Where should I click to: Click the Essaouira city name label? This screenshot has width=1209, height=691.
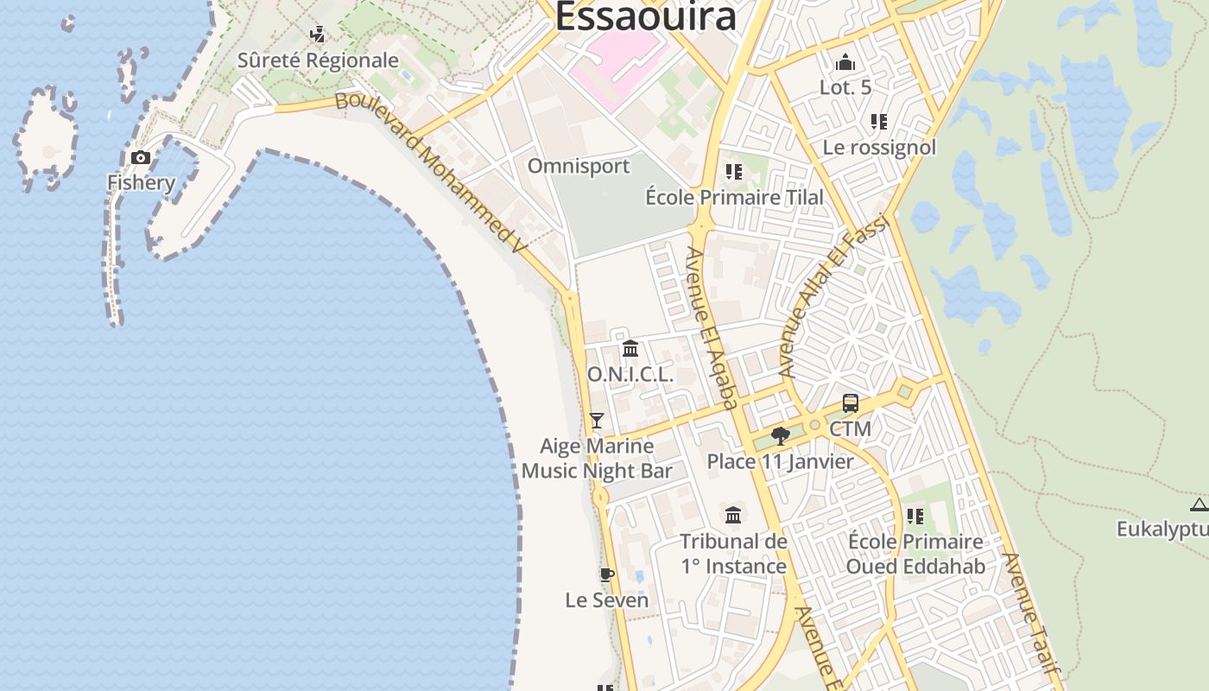[x=646, y=16]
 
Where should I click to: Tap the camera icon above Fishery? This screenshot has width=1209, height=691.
[x=140, y=158]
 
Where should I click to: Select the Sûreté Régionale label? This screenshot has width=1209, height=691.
[x=318, y=60]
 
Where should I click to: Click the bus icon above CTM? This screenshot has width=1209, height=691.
[x=850, y=403]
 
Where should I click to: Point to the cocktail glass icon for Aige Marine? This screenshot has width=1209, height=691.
[x=596, y=421]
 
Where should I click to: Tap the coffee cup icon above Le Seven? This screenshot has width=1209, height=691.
[x=606, y=574]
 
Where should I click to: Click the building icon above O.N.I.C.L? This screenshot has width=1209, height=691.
[x=630, y=349]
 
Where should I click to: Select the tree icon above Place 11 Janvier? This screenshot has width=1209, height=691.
[x=780, y=435]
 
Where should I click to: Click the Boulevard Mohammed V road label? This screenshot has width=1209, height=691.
[x=430, y=172]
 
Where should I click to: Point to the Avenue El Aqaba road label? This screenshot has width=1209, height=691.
[x=712, y=327]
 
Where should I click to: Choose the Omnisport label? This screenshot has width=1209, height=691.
[x=578, y=166]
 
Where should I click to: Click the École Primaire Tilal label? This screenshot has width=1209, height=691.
[x=734, y=197]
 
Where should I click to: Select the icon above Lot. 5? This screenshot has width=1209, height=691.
[x=845, y=62]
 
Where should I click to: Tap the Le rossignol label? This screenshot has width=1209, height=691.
[x=878, y=147]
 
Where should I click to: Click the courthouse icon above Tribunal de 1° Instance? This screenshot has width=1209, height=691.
[x=733, y=515]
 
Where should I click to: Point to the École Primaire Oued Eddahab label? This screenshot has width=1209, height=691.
[x=915, y=554]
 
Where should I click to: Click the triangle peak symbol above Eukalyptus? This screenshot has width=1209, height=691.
[x=1199, y=505]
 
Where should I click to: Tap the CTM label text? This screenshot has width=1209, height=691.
[x=850, y=429]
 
